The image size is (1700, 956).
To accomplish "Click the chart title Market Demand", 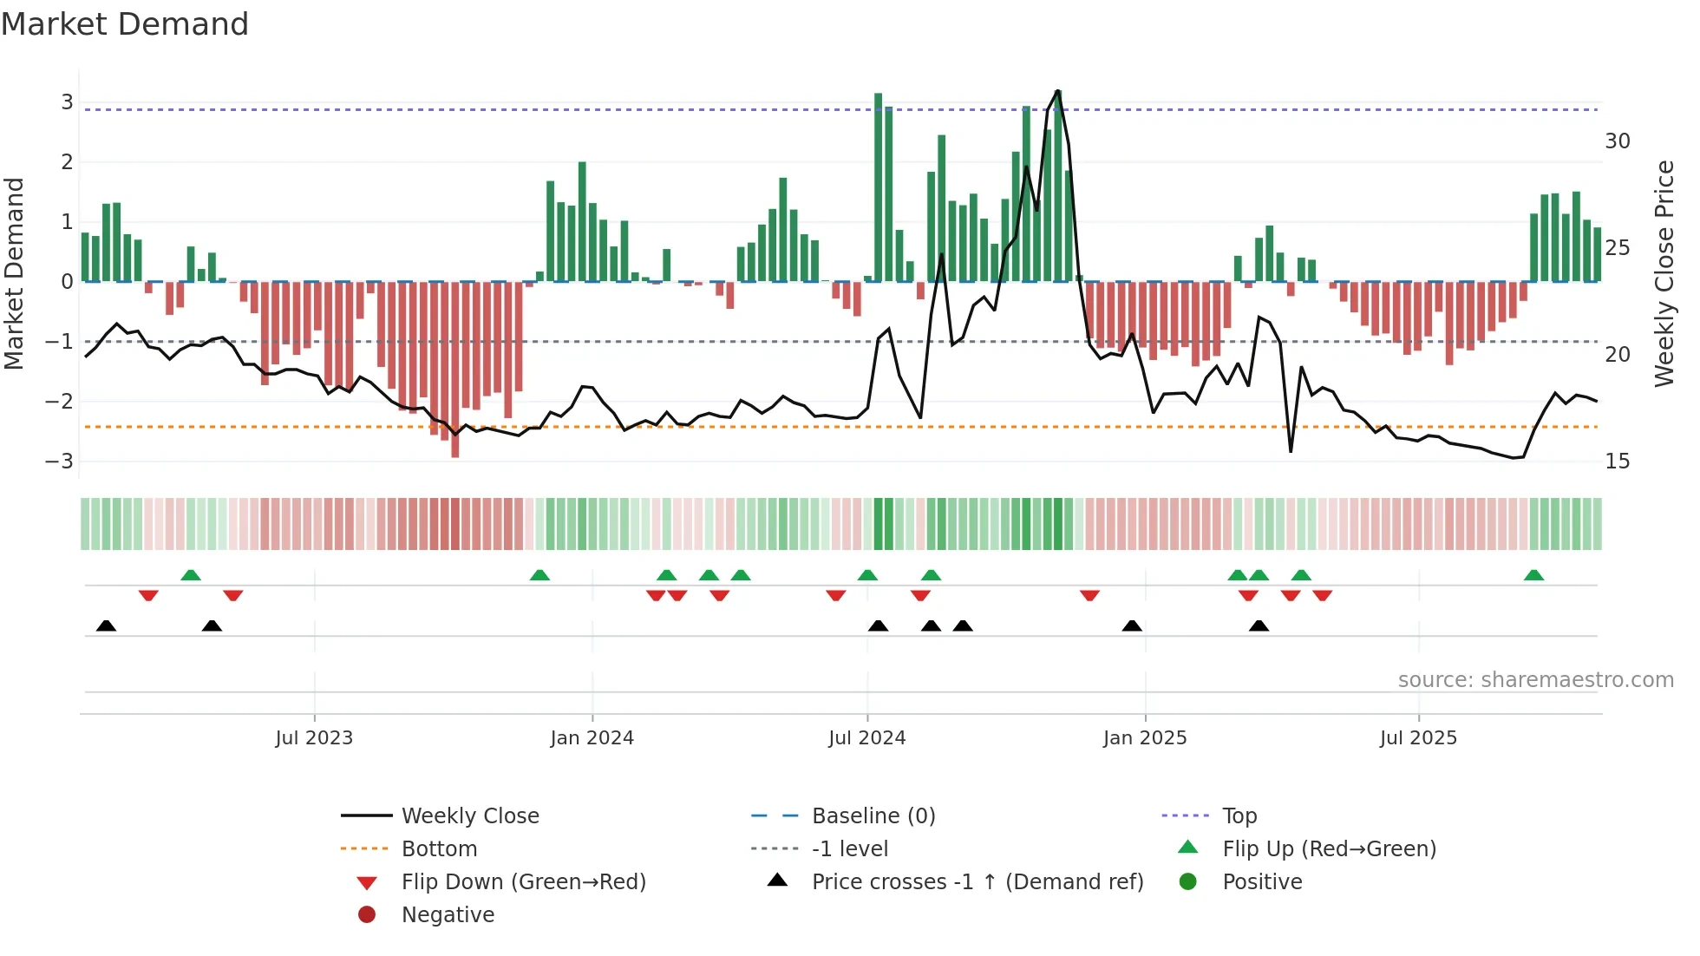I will pyautogui.click(x=125, y=24).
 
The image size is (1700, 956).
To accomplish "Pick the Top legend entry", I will pyautogui.click(x=1239, y=815).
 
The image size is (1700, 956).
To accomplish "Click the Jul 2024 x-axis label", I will pyautogui.click(x=866, y=738).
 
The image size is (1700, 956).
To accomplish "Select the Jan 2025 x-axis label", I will pyautogui.click(x=1145, y=738).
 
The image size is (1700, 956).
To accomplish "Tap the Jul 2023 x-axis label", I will pyautogui.click(x=314, y=738).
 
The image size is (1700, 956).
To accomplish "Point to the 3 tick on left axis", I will pyautogui.click(x=67, y=102).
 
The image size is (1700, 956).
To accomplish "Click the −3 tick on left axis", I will pyautogui.click(x=60, y=461).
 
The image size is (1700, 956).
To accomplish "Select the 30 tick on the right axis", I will pyautogui.click(x=1618, y=141).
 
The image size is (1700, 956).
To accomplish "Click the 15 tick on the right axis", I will pyautogui.click(x=1618, y=462).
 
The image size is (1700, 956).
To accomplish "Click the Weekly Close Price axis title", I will pyautogui.click(x=1664, y=273).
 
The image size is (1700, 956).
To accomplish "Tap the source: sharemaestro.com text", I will pyautogui.click(x=1535, y=679).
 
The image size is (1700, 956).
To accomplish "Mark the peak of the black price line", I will pyautogui.click(x=1058, y=91).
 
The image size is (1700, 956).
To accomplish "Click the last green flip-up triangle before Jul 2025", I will pyautogui.click(x=1301, y=575).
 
